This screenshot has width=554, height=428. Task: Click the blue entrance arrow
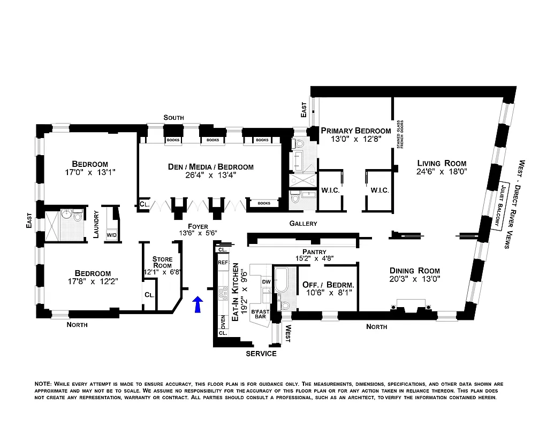coord(198,304)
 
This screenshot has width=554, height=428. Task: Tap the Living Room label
coord(442,163)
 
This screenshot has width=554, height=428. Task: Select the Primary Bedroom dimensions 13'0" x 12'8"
coord(355,140)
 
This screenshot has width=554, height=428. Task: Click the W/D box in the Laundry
coord(112,235)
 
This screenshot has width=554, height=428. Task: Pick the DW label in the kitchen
coord(266,281)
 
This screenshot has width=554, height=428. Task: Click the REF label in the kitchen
coord(223,263)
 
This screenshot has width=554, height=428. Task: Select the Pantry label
coord(314,251)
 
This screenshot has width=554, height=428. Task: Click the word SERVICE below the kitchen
coord(261,354)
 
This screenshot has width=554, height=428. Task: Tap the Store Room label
coord(162,262)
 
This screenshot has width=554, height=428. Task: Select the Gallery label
coord(303,224)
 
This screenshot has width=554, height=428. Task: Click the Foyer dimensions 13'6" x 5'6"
coord(198,233)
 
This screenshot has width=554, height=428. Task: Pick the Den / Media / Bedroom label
coord(210,167)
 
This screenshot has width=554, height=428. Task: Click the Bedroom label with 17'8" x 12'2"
coord(93,273)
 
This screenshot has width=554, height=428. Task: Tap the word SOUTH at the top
coord(174,118)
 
